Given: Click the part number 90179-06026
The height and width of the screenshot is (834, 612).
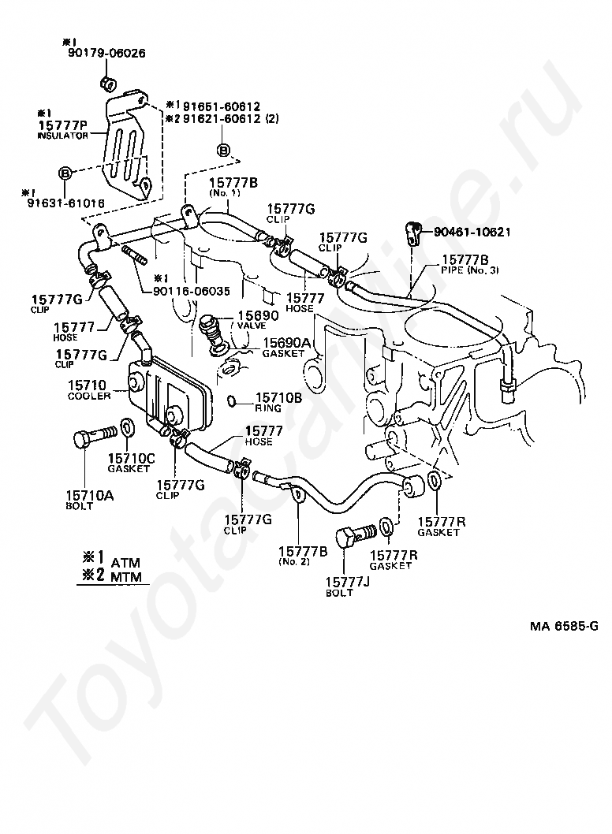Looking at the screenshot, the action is [106, 53].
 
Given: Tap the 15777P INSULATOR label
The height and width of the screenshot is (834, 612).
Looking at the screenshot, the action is [63, 130].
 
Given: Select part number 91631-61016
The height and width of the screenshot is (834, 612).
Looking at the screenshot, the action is [66, 203].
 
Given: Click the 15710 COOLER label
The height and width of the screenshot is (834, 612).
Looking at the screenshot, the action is [88, 389].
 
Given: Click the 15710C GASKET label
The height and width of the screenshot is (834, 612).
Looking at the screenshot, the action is [131, 462].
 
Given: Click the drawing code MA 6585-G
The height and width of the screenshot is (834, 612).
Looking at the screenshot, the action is [564, 626].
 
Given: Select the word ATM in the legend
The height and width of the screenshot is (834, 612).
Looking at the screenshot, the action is [125, 563].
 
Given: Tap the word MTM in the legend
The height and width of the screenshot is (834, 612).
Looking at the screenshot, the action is [126, 576].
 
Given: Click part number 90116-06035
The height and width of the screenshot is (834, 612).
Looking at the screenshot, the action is [192, 291].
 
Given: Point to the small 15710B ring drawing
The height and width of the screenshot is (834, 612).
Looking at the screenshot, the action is [233, 400].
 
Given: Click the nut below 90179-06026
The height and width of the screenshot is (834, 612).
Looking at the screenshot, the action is [108, 83].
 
